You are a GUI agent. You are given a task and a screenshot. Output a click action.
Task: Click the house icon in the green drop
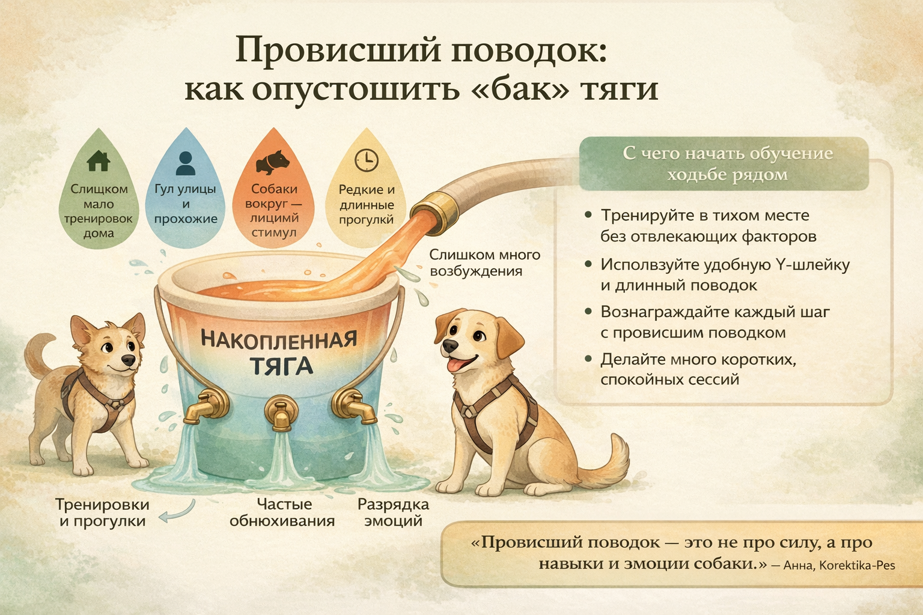pyautogui.click(x=99, y=160)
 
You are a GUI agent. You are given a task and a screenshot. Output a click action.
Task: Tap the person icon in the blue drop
pyautogui.click(x=186, y=163)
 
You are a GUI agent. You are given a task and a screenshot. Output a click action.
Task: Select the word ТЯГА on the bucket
pyautogui.click(x=281, y=366)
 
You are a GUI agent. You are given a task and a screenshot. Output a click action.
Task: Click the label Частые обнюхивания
pyautogui.click(x=282, y=512)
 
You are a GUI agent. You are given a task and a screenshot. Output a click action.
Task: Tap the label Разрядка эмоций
pyautogui.click(x=393, y=512)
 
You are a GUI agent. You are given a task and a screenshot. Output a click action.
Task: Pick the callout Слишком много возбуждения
pyautogui.click(x=484, y=263)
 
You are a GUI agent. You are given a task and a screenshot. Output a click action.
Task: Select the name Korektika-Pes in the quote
pyautogui.click(x=857, y=565)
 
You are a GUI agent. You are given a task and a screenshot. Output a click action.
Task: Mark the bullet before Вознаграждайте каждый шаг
pyautogui.click(x=588, y=312)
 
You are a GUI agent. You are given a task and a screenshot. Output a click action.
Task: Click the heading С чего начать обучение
pyautogui.click(x=727, y=153)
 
